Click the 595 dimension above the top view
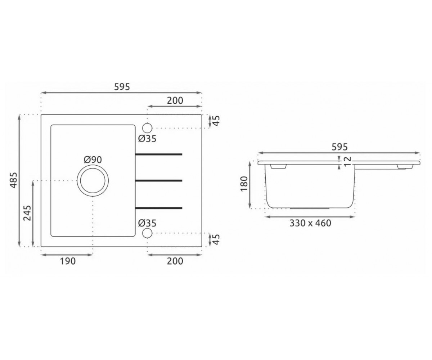122,87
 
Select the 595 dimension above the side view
340,147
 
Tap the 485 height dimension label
14,180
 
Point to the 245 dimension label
27,213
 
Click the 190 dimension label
68,261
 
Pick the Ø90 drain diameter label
93,160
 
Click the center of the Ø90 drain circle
93,181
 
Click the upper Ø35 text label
147,139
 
